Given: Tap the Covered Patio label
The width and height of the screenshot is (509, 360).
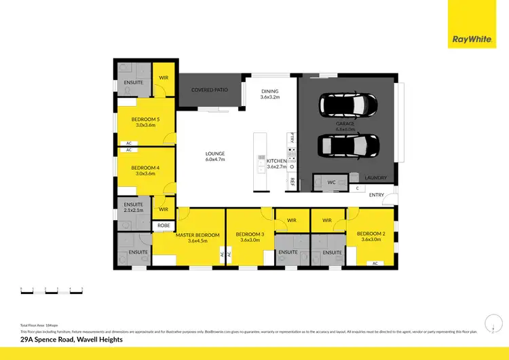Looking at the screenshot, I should pos(210,90).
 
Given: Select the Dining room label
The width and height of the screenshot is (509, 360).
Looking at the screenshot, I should pos(269,94).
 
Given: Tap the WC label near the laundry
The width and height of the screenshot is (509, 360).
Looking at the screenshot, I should pos(332,182).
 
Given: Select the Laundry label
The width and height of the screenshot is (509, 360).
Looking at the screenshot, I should pos(375,178).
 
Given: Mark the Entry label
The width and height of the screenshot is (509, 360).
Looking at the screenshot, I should pos(377,195).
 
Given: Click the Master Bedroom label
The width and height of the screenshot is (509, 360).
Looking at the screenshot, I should pos(197,235).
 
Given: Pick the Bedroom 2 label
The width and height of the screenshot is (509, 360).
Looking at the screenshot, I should pos(373,234).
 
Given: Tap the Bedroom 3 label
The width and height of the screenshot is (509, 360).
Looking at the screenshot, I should pos(249,234).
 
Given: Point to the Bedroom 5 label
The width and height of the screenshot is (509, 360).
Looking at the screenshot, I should pos(145,122).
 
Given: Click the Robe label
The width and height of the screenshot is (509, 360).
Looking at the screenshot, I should pos(164,225).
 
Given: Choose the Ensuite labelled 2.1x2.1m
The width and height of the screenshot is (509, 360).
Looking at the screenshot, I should pos(134,207).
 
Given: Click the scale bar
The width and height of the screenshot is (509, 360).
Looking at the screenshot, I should pos(52,290).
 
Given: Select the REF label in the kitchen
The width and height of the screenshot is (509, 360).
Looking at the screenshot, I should pos(293,182).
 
